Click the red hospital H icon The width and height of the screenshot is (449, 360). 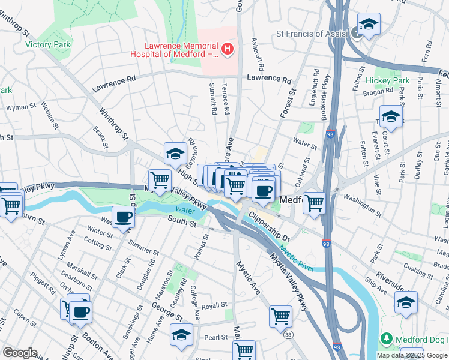[228, 49]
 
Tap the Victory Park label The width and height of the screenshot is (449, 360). [48, 44]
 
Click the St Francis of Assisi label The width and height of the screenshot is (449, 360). [312, 34]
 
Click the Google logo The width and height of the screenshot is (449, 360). [20, 353]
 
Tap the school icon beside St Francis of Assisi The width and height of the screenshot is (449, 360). [369, 25]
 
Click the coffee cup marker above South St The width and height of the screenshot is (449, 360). [124, 217]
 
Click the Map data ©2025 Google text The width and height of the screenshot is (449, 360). [412, 355]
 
